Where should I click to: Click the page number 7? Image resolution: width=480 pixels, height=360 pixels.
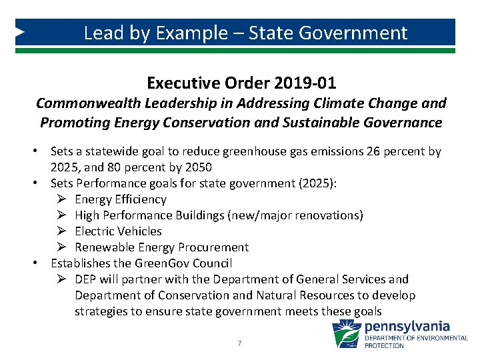(239, 343)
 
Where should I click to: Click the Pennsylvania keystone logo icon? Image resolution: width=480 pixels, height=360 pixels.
(346, 333)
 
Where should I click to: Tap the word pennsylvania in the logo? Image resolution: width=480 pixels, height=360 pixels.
(407, 327)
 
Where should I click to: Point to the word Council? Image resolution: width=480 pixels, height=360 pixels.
(210, 263)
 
